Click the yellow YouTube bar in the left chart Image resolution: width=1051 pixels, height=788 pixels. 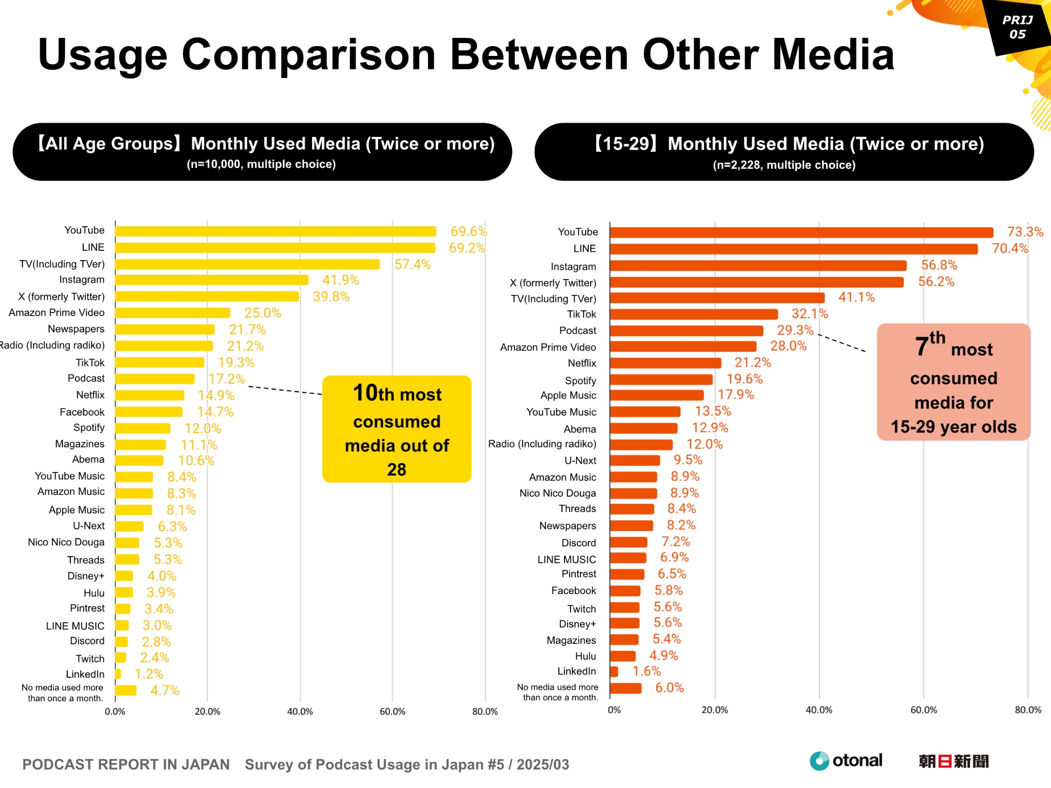pos(275,231)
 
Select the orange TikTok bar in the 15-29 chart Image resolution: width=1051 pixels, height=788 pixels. pos(693,314)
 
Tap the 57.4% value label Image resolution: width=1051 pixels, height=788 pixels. pos(412,264)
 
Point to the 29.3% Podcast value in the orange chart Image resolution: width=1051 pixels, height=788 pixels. pos(794,330)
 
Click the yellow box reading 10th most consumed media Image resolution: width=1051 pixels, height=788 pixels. pos(397,429)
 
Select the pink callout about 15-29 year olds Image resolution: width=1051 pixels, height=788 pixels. pos(953,382)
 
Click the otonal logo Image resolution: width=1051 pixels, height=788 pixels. pos(846,760)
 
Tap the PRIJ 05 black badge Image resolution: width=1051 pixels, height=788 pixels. pos(1017,27)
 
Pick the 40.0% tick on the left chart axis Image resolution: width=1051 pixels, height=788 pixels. pos(300,712)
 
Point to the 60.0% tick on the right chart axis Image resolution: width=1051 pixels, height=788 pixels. pos(923,710)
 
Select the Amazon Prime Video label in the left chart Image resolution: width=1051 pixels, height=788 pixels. pos(56,312)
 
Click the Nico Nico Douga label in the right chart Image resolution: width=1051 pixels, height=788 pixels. pos(557,493)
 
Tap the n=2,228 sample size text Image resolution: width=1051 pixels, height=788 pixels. pos(784,165)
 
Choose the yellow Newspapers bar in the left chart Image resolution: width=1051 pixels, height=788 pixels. pos(165,329)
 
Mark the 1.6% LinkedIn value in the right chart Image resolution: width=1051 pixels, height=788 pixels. pos(646,671)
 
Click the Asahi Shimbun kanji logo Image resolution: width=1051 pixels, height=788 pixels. pos(953,761)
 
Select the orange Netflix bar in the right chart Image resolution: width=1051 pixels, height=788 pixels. pos(665,363)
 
